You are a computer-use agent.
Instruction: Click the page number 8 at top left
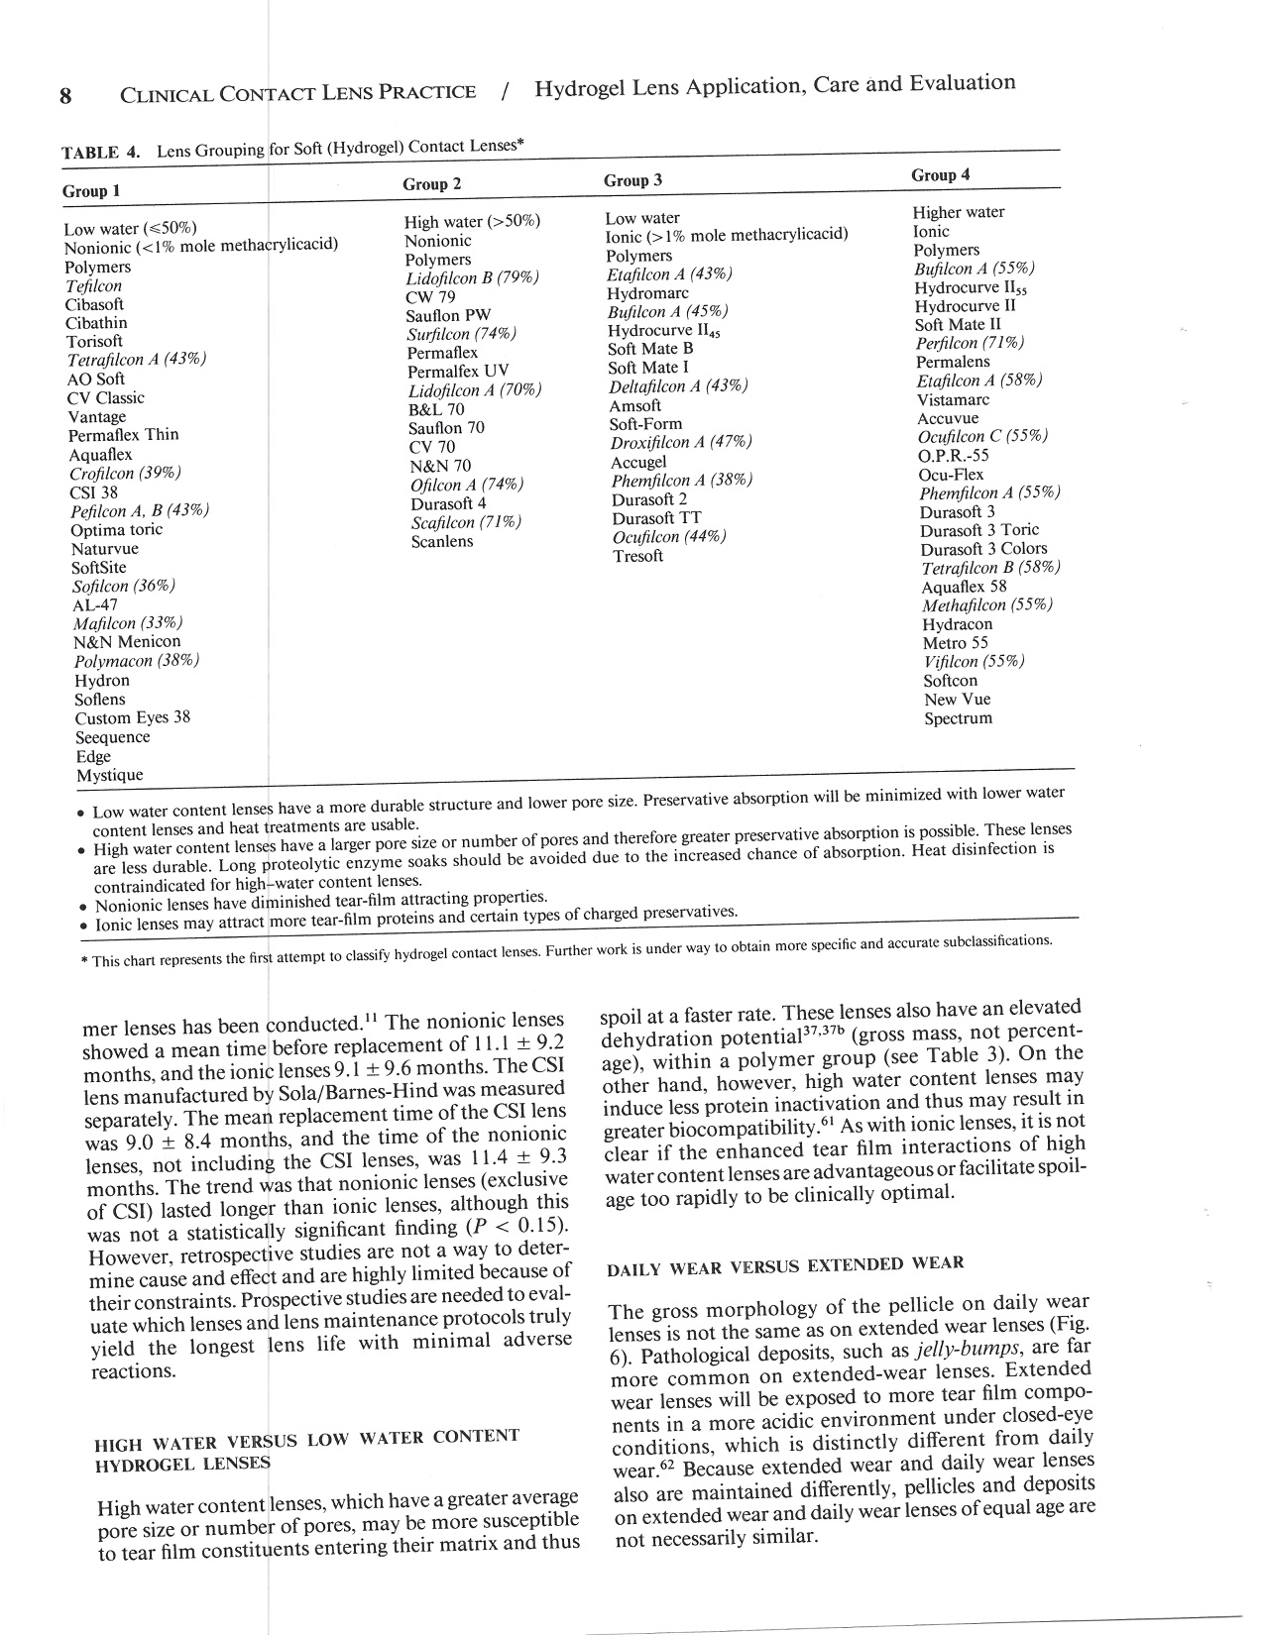pyautogui.click(x=65, y=96)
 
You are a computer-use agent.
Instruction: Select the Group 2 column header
pyautogui.click(x=431, y=184)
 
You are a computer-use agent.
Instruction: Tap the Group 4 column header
pyautogui.click(x=940, y=175)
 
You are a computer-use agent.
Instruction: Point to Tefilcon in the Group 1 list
pyautogui.click(x=93, y=286)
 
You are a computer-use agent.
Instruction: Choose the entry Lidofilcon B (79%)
pyautogui.click(x=472, y=278)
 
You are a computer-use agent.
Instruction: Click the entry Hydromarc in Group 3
pyautogui.click(x=647, y=293)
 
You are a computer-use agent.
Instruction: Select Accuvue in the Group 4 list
pyautogui.click(x=947, y=418)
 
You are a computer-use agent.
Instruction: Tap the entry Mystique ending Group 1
pyautogui.click(x=109, y=775)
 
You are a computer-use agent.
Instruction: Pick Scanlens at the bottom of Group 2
pyautogui.click(x=442, y=541)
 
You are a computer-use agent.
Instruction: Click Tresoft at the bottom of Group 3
pyautogui.click(x=637, y=556)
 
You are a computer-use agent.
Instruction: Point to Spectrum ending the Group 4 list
pyautogui.click(x=958, y=718)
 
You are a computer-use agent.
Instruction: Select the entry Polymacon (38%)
pyautogui.click(x=137, y=661)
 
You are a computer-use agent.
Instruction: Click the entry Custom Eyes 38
pyautogui.click(x=132, y=717)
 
